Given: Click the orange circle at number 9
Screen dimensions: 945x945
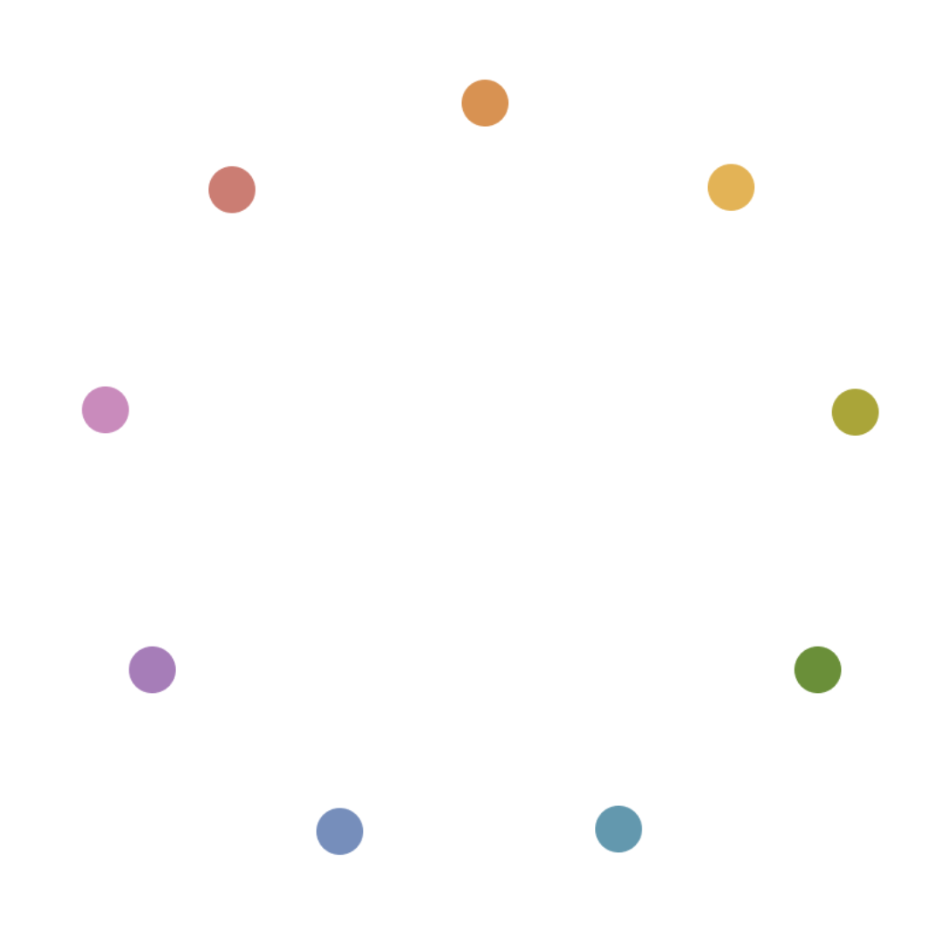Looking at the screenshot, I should pos(485,103).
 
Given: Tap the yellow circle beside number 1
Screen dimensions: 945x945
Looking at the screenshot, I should pos(731,187).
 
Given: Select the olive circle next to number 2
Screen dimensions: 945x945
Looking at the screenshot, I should pos(855,411).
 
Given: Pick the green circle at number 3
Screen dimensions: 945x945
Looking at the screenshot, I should pos(817,670).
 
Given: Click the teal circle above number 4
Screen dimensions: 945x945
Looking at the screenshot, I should pos(619,829).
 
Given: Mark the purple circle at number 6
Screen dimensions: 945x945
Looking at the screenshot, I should pos(152,669).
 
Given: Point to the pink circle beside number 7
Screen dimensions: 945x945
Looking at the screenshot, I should pos(105,409).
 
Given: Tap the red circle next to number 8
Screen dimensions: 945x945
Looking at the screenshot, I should pos(232,189).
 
